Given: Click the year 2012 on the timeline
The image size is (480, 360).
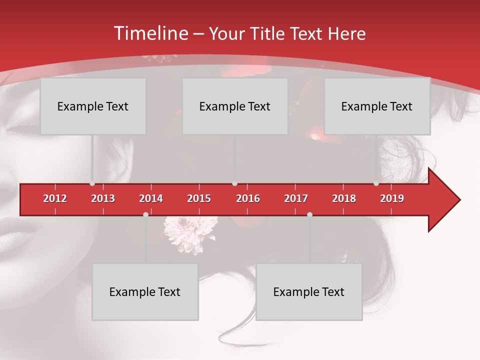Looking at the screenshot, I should click(55, 198).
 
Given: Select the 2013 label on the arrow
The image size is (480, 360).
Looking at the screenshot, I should click(103, 198).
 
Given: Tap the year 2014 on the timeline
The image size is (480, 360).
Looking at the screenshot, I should click(151, 198).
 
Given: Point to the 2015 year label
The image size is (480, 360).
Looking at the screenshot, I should click(199, 198).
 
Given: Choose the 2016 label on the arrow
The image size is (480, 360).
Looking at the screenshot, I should click(248, 198).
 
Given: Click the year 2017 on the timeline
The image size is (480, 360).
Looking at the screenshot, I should click(296, 198).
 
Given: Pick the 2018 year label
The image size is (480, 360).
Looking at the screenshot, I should click(344, 198).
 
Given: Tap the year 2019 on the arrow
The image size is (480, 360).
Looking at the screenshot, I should click(392, 198).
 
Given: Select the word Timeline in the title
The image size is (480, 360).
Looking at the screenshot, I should click(150, 33).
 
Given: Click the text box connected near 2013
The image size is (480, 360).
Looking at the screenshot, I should click(93, 106).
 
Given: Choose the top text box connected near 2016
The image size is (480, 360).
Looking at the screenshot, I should click(235, 106).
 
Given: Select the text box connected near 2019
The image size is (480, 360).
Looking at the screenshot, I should click(377, 106).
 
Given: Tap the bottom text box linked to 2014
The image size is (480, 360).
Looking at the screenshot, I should click(145, 292).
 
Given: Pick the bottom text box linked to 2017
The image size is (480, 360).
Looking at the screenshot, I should click(309, 292).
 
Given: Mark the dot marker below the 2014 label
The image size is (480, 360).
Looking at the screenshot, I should click(145, 214).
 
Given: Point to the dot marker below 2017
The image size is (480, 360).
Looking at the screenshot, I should click(309, 214).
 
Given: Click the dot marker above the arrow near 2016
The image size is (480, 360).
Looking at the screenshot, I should click(235, 183).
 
